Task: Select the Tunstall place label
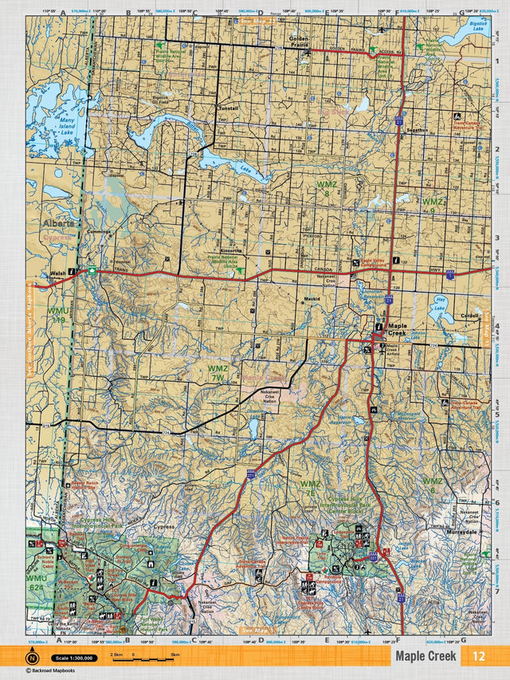(229, 108)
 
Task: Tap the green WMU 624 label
(37, 582)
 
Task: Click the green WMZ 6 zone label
(432, 485)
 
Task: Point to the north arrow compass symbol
(33, 657)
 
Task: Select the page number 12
(478, 656)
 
